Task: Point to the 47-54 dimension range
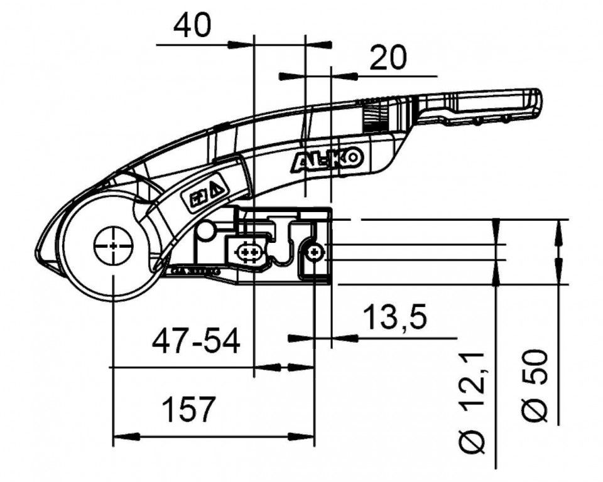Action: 196,343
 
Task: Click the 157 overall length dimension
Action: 188,410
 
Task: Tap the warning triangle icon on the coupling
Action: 215,188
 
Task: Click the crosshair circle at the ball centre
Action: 113,245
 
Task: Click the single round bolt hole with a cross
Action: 314,252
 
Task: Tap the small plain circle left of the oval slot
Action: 204,233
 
